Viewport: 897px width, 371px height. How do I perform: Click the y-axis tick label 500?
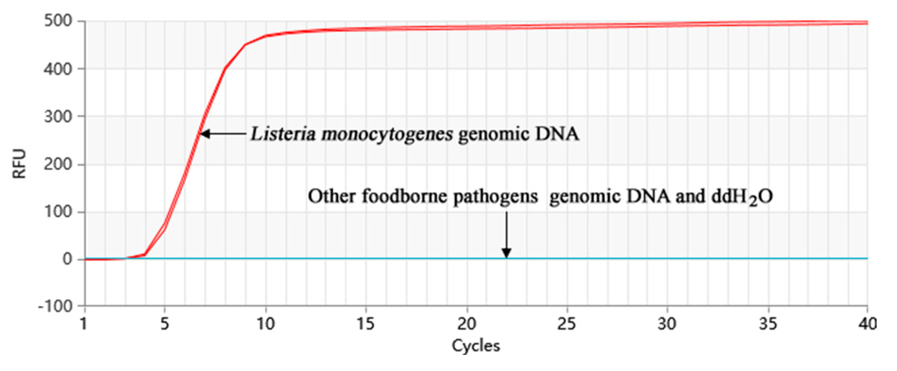(x=58, y=21)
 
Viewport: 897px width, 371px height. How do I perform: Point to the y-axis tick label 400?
(x=58, y=69)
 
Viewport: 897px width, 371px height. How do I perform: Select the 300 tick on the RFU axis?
(x=58, y=117)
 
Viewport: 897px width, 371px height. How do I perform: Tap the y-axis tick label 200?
(x=58, y=164)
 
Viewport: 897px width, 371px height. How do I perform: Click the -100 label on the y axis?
(x=55, y=307)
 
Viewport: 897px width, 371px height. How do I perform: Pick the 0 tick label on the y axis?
(x=67, y=260)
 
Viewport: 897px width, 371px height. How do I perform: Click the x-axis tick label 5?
(x=164, y=324)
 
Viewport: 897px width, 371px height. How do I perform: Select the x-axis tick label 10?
(x=266, y=324)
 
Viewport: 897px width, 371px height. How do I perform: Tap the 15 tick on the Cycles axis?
(x=366, y=324)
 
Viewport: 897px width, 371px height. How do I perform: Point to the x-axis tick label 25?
(x=566, y=324)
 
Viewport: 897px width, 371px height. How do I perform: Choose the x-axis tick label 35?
(x=768, y=324)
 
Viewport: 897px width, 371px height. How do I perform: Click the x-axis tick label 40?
(x=867, y=324)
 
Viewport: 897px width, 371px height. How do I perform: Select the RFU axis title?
(x=19, y=164)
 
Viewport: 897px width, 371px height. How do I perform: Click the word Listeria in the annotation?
(x=283, y=134)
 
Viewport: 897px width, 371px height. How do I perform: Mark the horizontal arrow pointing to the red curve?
(x=223, y=134)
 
